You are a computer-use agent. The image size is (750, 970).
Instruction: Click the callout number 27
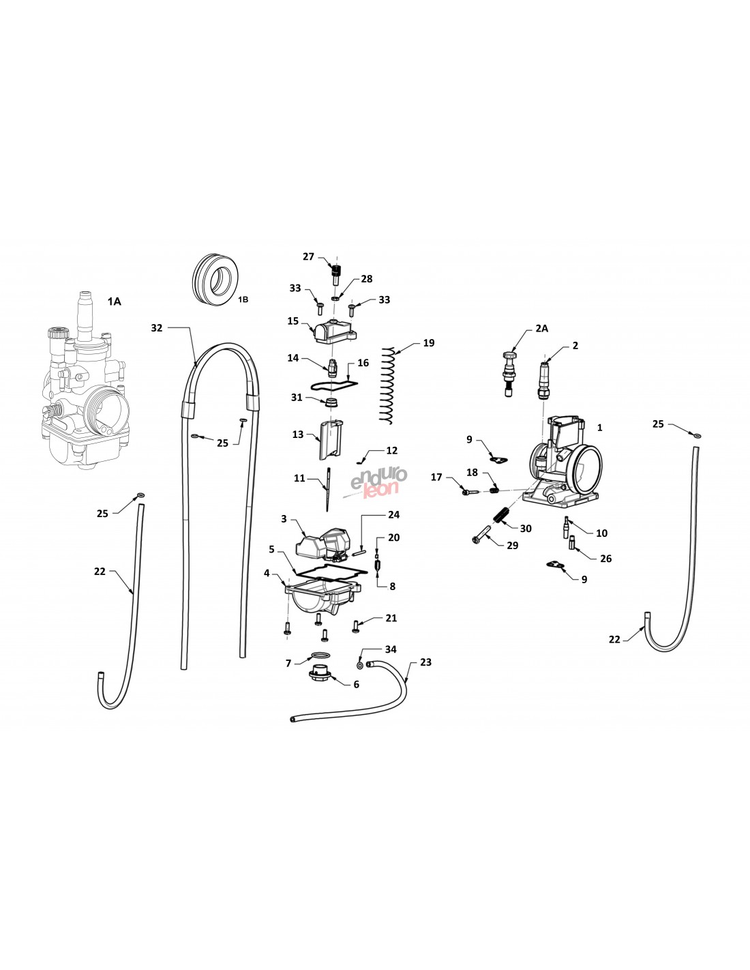(308, 256)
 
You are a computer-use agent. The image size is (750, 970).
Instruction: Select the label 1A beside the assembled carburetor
(115, 302)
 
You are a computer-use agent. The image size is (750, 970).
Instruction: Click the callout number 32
(157, 328)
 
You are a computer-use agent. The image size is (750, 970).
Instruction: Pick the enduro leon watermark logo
(378, 482)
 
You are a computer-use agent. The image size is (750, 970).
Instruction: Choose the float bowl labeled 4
(322, 598)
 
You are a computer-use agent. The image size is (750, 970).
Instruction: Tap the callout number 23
(425, 662)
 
